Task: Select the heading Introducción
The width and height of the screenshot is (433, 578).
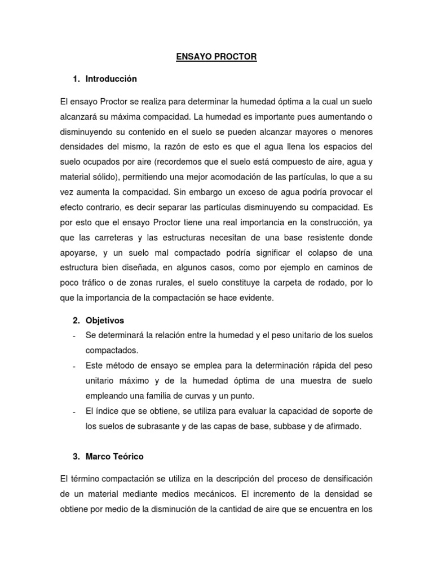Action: (x=111, y=79)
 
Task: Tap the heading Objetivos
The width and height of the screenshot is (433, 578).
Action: (x=105, y=321)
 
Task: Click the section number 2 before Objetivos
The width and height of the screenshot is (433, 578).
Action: (x=76, y=321)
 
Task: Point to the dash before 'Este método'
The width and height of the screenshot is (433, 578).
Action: (x=74, y=366)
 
